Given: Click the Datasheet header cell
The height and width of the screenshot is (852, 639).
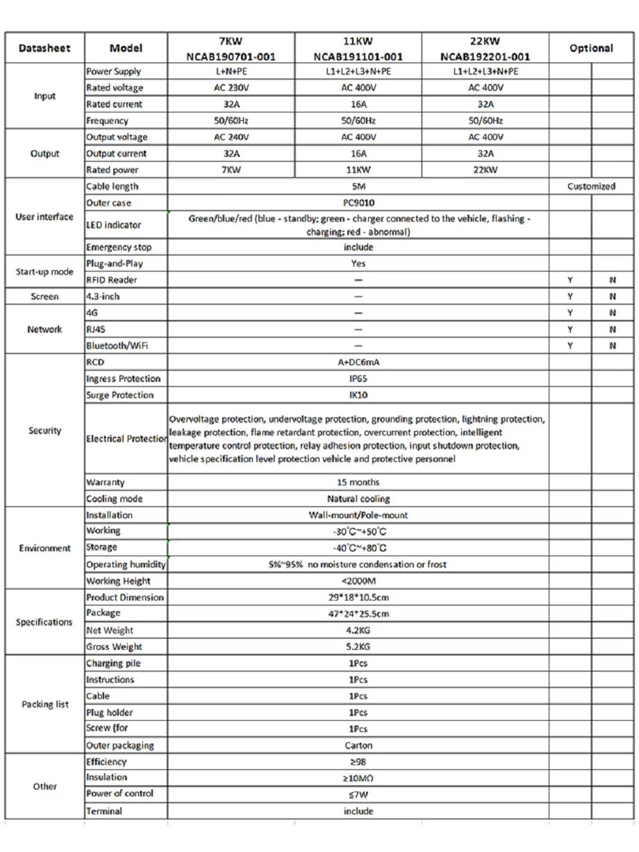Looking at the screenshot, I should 44,49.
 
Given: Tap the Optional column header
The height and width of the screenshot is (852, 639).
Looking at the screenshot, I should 590,49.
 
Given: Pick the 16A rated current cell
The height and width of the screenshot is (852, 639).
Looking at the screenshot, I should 358,104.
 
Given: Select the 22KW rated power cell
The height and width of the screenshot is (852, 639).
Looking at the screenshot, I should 485,170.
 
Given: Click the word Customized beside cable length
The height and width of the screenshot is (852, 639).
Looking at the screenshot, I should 590,186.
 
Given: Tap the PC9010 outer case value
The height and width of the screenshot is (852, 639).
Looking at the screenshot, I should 358,203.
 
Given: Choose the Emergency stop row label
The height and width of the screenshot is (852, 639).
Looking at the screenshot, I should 119,247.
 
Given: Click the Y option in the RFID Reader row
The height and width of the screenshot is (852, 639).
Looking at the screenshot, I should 570,281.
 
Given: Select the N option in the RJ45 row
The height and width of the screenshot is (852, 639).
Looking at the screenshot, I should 613,329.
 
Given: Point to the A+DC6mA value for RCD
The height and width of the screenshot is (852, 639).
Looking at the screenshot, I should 358,362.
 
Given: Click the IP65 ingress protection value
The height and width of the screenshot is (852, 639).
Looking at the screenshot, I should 358,379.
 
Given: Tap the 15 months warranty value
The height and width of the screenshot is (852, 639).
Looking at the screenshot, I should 358,482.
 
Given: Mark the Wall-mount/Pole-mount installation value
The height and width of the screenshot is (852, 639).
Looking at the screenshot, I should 358,515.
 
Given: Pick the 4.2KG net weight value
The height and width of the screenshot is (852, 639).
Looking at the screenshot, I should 358,630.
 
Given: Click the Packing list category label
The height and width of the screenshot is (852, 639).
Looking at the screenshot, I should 45,704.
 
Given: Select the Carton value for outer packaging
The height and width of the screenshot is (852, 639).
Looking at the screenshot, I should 358,746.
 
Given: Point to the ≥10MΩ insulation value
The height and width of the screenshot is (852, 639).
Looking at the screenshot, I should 358,778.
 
